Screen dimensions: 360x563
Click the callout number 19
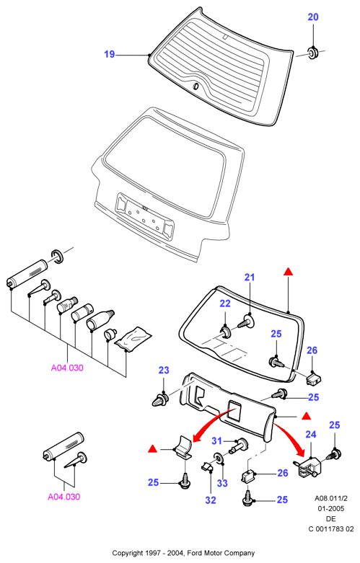(x=109, y=54)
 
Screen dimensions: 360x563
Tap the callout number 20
(x=313, y=17)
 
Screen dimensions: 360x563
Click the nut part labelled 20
(x=313, y=53)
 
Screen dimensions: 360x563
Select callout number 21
(x=250, y=278)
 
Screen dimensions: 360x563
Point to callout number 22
(x=225, y=303)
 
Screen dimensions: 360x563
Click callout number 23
(x=164, y=371)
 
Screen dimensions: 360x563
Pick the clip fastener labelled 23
(x=161, y=399)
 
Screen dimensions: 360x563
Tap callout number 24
(x=311, y=435)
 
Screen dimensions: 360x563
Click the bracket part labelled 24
(x=308, y=467)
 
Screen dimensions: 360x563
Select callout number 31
(x=216, y=440)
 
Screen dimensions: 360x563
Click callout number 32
(x=211, y=500)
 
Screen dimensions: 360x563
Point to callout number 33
(x=222, y=483)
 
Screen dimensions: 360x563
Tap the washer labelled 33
(x=219, y=458)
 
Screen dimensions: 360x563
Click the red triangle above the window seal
(x=288, y=272)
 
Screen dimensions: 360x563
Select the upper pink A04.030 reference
(x=67, y=368)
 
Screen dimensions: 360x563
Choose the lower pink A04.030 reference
(x=64, y=497)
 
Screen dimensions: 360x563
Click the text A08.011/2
(x=331, y=498)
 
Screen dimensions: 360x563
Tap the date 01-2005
(x=331, y=508)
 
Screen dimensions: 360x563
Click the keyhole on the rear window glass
(x=196, y=87)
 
